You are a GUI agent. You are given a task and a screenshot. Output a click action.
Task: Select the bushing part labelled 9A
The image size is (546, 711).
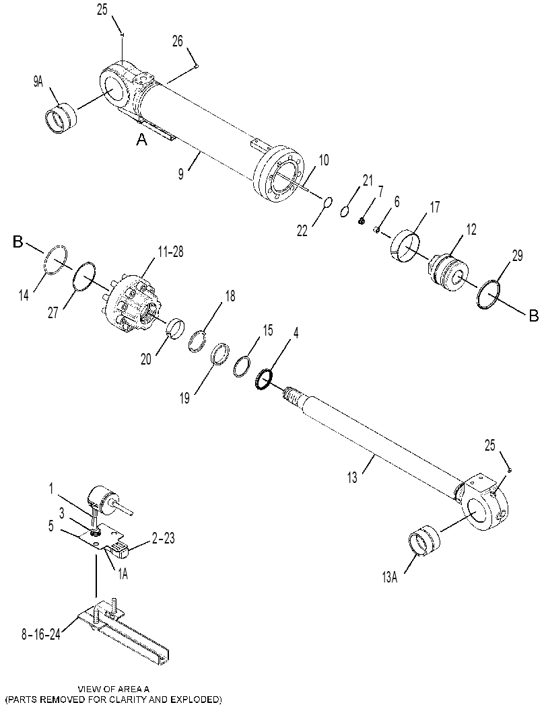pyautogui.click(x=61, y=118)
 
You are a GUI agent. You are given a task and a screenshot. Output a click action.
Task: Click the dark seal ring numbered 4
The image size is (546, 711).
pyautogui.click(x=264, y=379)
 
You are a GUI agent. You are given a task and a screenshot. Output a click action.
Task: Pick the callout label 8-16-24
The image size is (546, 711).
pyautogui.click(x=41, y=634)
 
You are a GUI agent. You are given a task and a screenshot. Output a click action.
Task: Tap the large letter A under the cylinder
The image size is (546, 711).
pyautogui.click(x=142, y=141)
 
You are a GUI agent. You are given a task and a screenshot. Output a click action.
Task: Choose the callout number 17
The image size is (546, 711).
pyautogui.click(x=434, y=208)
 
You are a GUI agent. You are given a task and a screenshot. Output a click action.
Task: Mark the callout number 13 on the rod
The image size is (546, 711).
pyautogui.click(x=352, y=478)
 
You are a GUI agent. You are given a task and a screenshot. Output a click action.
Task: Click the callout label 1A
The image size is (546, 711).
pyautogui.click(x=123, y=574)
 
